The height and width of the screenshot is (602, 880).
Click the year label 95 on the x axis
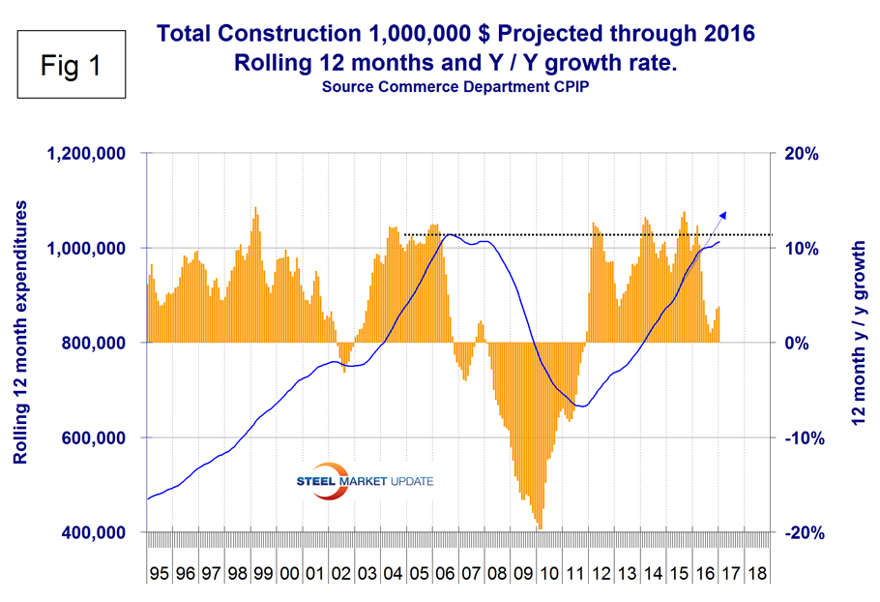click(159, 574)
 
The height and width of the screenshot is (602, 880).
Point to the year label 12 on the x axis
click(601, 574)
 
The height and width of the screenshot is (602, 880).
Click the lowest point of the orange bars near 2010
click(539, 527)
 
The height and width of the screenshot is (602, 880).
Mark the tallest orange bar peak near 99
click(255, 207)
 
